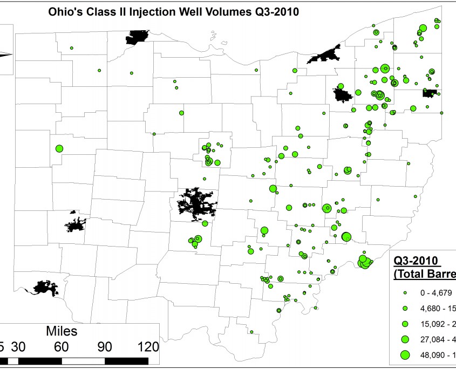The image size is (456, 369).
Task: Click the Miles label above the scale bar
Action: point(62,330)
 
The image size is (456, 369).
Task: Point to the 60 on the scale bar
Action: point(60,346)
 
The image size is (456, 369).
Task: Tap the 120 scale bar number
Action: point(146,346)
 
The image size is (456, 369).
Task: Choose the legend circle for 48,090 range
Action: point(405,354)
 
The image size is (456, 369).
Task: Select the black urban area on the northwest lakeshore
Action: point(137,37)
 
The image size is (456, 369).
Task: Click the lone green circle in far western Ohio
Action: point(59,148)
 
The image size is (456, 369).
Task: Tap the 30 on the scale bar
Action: point(19,346)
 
